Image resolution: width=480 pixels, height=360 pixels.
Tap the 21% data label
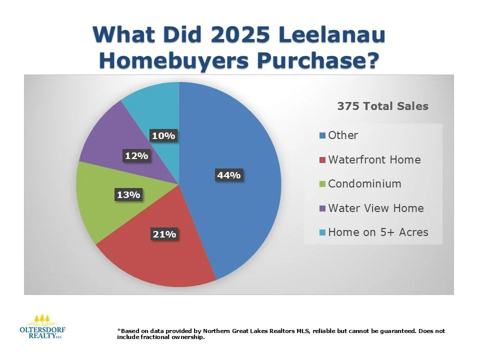(164, 233)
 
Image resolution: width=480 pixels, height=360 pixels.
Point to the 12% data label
(136, 156)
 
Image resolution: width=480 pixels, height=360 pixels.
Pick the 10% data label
(164, 135)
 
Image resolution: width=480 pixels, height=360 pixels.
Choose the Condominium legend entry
(364, 183)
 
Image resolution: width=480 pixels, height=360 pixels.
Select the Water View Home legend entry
(375, 208)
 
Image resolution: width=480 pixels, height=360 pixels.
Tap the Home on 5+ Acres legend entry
(378, 232)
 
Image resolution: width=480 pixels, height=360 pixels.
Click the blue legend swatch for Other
(323, 135)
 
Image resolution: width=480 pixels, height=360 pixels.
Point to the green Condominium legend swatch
(323, 184)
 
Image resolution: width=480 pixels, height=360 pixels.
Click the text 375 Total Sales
(382, 106)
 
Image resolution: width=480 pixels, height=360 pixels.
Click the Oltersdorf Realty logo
(42, 327)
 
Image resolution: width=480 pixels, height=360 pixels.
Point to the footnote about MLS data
(280, 334)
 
